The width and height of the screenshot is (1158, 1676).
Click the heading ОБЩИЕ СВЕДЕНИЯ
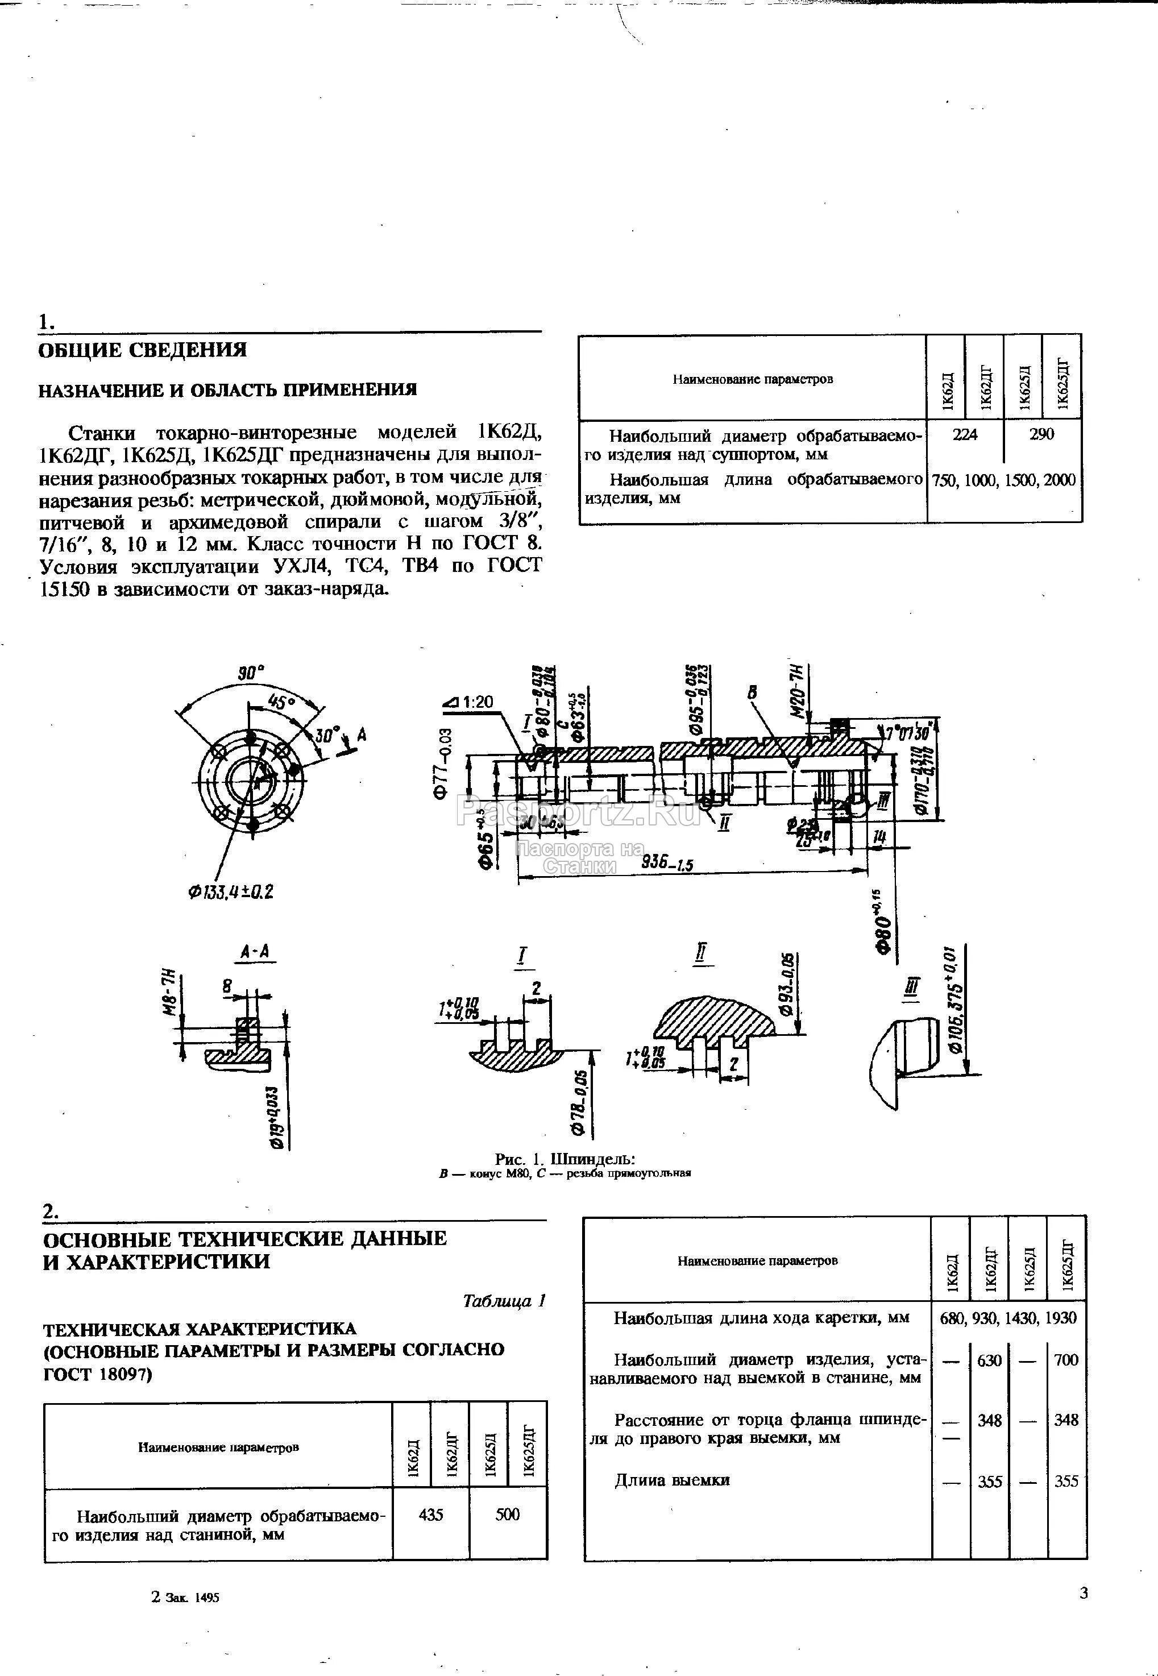(142, 350)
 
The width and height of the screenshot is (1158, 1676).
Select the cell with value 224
(965, 434)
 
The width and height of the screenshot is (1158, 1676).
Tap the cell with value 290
(1041, 434)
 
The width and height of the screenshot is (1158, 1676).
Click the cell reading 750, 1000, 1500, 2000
(1003, 480)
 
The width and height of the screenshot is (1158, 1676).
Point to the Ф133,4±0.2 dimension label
(231, 891)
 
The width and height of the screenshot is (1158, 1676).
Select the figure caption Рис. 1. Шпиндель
(565, 1159)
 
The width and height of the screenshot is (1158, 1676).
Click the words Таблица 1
(504, 1301)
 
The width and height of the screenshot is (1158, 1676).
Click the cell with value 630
(990, 1360)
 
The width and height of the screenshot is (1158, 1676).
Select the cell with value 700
(1066, 1360)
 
